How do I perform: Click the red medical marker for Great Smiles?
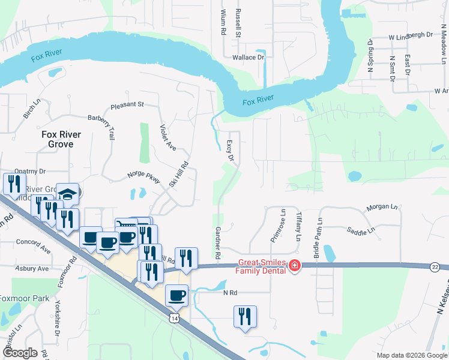(x=294, y=265)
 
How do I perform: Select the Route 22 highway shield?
(x=435, y=266)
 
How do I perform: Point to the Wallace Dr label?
(x=249, y=58)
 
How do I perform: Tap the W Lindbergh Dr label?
(x=411, y=35)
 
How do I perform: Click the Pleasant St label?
(x=127, y=104)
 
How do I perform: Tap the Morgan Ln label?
(x=381, y=208)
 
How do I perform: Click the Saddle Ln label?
(x=361, y=230)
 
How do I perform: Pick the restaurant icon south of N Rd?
(x=245, y=316)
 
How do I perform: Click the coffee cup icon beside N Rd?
(x=177, y=295)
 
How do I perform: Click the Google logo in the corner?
(x=20, y=353)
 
